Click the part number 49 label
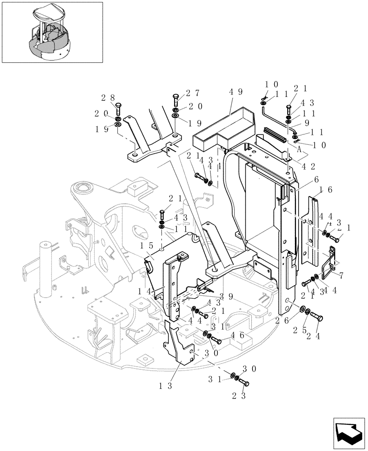coord(236,92)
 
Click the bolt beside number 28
coord(118,109)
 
